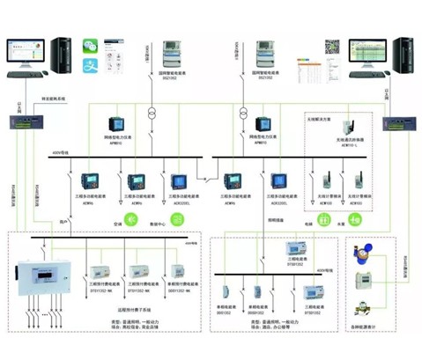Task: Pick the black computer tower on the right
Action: click(x=402, y=51)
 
